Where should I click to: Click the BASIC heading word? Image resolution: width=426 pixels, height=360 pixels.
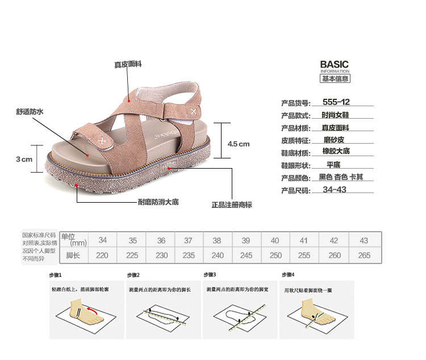point(334,65)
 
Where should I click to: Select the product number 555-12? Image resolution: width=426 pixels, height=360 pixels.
point(336,102)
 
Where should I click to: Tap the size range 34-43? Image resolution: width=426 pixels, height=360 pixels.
point(334,190)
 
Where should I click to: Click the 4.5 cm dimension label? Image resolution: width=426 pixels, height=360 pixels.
point(239,144)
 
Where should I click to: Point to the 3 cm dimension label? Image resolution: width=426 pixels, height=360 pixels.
point(24,159)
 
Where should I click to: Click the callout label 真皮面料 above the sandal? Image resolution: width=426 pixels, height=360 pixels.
point(128,64)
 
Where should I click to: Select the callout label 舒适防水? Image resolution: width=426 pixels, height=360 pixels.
point(30,112)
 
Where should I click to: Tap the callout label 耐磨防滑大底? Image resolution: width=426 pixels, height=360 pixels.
point(158,202)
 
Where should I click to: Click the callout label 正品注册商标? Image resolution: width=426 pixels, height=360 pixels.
point(231,204)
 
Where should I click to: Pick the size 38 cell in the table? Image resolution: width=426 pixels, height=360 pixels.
point(216,241)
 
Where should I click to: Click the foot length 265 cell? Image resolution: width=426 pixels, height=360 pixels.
point(364,256)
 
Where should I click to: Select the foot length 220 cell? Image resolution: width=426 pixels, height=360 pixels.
point(102,256)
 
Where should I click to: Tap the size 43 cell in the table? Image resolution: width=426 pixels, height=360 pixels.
point(364,241)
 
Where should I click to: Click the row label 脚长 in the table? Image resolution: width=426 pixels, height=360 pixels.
point(73,256)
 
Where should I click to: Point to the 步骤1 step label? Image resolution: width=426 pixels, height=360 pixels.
point(55,275)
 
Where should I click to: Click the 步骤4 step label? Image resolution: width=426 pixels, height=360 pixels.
point(289,275)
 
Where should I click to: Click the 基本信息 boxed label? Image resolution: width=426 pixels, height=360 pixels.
point(335,79)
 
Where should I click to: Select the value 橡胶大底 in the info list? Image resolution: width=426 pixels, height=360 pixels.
point(336,151)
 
